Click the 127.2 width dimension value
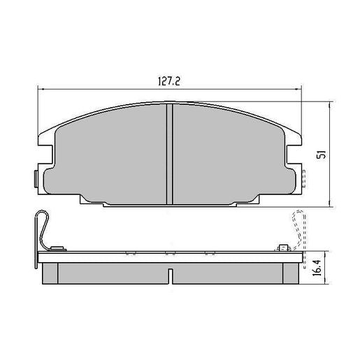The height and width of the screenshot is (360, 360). pyautogui.click(x=166, y=80)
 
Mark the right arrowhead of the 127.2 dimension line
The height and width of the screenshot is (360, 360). pyautogui.click(x=300, y=89)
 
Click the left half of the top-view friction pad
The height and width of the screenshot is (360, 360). pyautogui.click(x=112, y=154)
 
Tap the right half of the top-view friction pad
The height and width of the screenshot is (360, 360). pyautogui.click(x=227, y=154)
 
